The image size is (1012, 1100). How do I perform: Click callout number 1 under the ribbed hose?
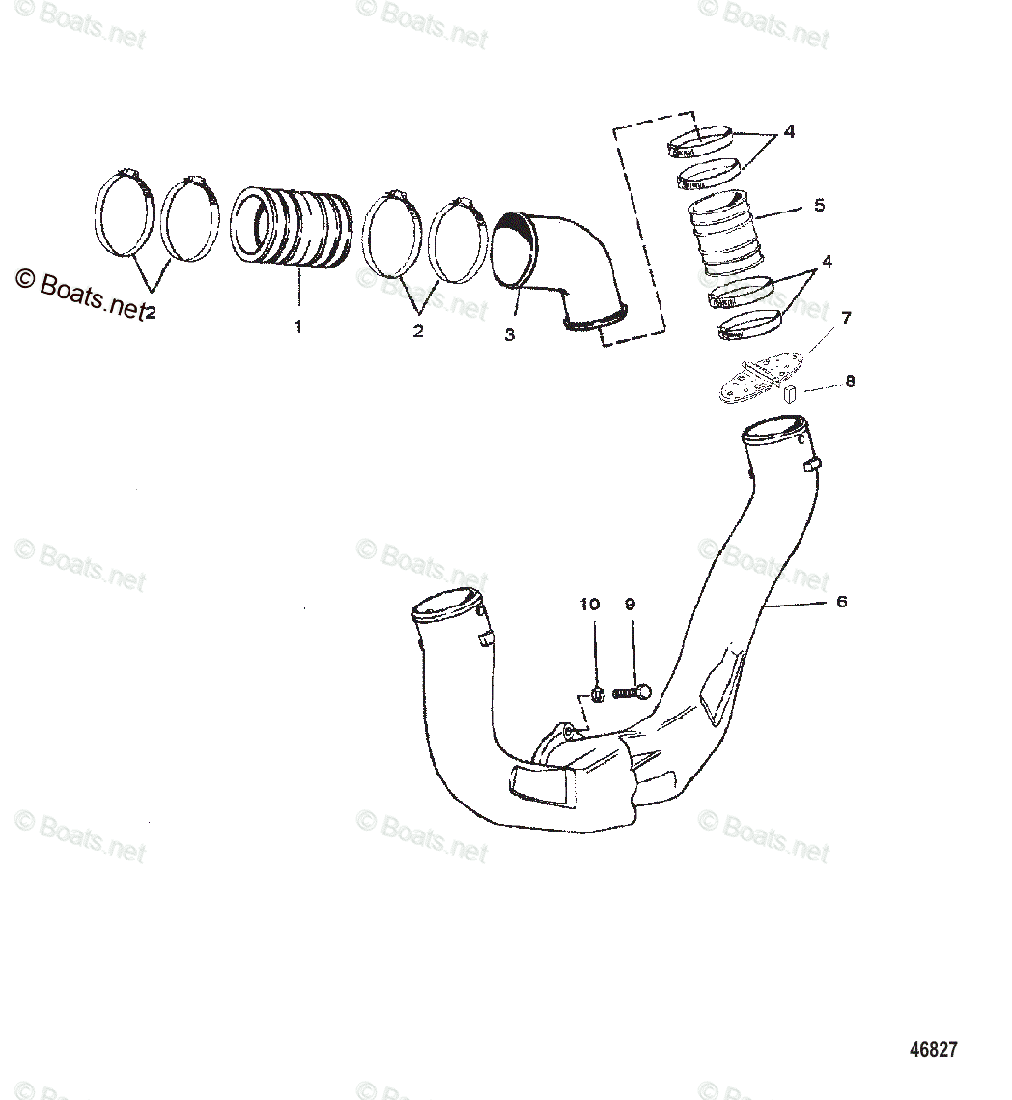coord(297,326)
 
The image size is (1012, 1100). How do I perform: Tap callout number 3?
coord(509,334)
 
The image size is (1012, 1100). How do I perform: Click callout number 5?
coord(819,205)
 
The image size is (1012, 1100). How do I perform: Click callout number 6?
coord(841,601)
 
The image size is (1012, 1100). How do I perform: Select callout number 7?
coord(846,318)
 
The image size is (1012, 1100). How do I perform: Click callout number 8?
coord(850,381)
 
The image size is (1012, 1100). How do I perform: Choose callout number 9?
coord(630,605)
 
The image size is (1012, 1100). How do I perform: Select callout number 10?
coord(589,605)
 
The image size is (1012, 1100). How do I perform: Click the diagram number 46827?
coord(934,1049)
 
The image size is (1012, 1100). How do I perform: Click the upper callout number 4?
coord(789,131)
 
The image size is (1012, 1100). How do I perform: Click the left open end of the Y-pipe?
coord(447,607)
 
